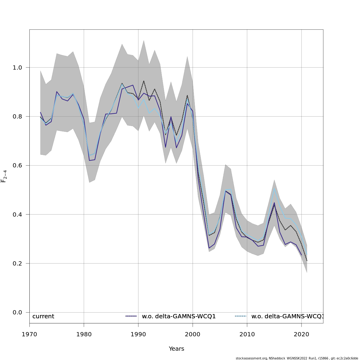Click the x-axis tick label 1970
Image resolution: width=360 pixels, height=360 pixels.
(29, 334)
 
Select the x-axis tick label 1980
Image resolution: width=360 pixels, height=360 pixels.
(84, 334)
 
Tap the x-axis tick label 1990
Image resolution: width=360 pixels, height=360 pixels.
(138, 334)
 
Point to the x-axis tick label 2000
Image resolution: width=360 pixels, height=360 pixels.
(193, 334)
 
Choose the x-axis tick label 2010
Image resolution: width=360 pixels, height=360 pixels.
(247, 334)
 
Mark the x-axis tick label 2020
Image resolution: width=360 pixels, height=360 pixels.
(301, 334)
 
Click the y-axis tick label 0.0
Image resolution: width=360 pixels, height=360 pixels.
(17, 313)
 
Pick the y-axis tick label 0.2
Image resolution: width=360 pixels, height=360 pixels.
(17, 263)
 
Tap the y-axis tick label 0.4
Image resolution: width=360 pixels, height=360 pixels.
(17, 214)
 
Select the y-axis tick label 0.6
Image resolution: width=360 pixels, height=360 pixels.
(17, 166)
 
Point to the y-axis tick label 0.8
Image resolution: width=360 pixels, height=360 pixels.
(17, 116)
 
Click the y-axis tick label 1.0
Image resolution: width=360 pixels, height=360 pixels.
(17, 67)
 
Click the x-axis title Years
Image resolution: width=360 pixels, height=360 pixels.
(176, 349)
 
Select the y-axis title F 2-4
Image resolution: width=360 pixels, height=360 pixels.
(4, 176)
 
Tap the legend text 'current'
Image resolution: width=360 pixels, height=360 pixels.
(43, 316)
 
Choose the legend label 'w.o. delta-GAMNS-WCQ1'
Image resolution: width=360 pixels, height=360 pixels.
(179, 316)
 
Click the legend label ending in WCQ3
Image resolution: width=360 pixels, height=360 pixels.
(287, 316)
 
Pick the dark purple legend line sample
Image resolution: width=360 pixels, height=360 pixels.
(131, 316)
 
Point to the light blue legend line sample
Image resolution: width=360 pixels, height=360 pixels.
(241, 316)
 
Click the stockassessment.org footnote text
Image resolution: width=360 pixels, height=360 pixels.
(297, 358)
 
